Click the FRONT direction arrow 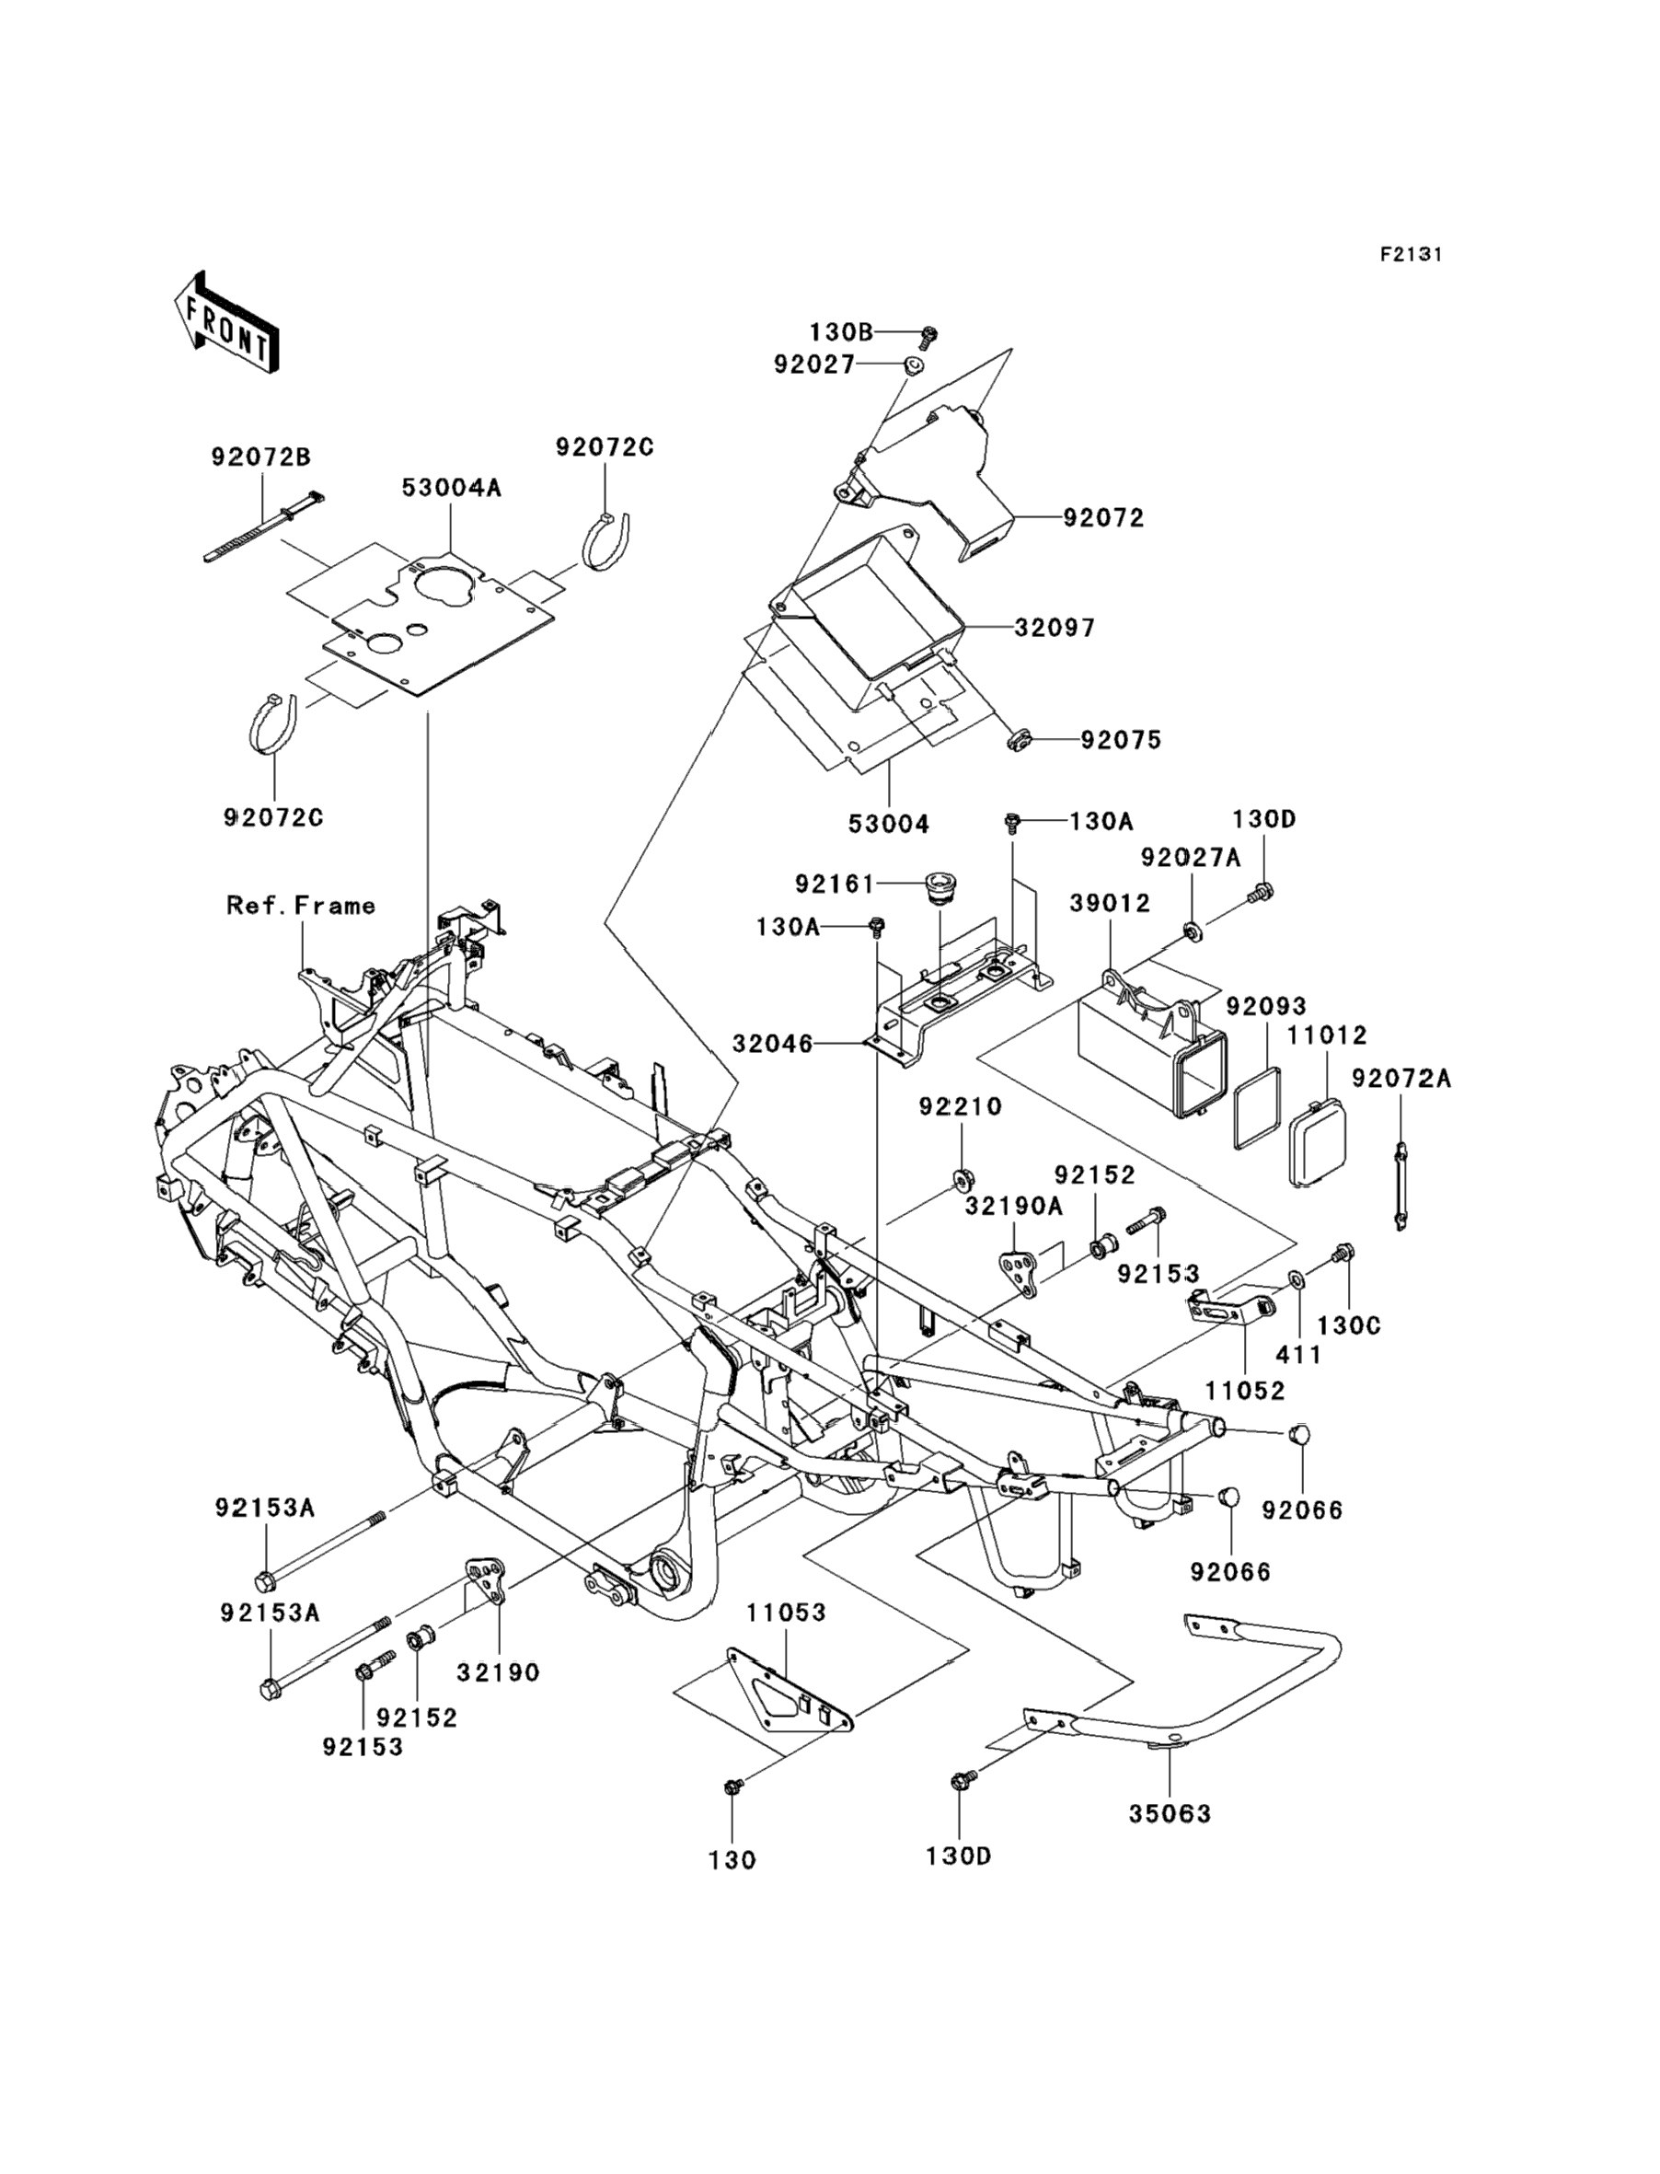click(226, 324)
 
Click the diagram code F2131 click(1411, 255)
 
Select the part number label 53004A click(452, 487)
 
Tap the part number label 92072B click(260, 457)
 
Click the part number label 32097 click(1055, 628)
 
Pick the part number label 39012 click(1111, 903)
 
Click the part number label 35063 click(1170, 1813)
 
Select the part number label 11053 click(786, 1612)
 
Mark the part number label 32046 click(773, 1044)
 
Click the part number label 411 click(1298, 1355)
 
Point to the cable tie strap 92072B click(262, 526)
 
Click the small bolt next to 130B click(928, 337)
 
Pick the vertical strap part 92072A click(1401, 1185)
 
